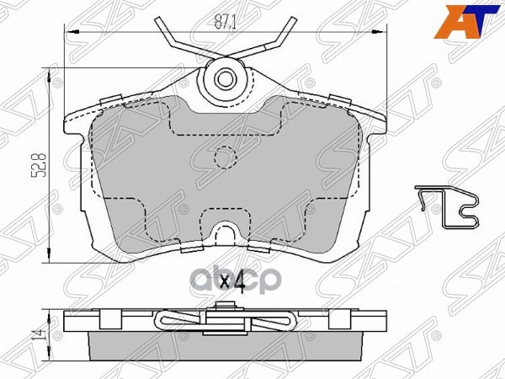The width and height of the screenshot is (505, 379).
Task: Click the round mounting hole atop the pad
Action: [225, 80]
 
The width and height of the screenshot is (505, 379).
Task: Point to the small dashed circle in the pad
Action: [225, 158]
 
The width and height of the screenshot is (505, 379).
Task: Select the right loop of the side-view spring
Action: [284, 321]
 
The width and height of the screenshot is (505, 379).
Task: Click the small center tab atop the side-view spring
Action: [225, 312]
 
